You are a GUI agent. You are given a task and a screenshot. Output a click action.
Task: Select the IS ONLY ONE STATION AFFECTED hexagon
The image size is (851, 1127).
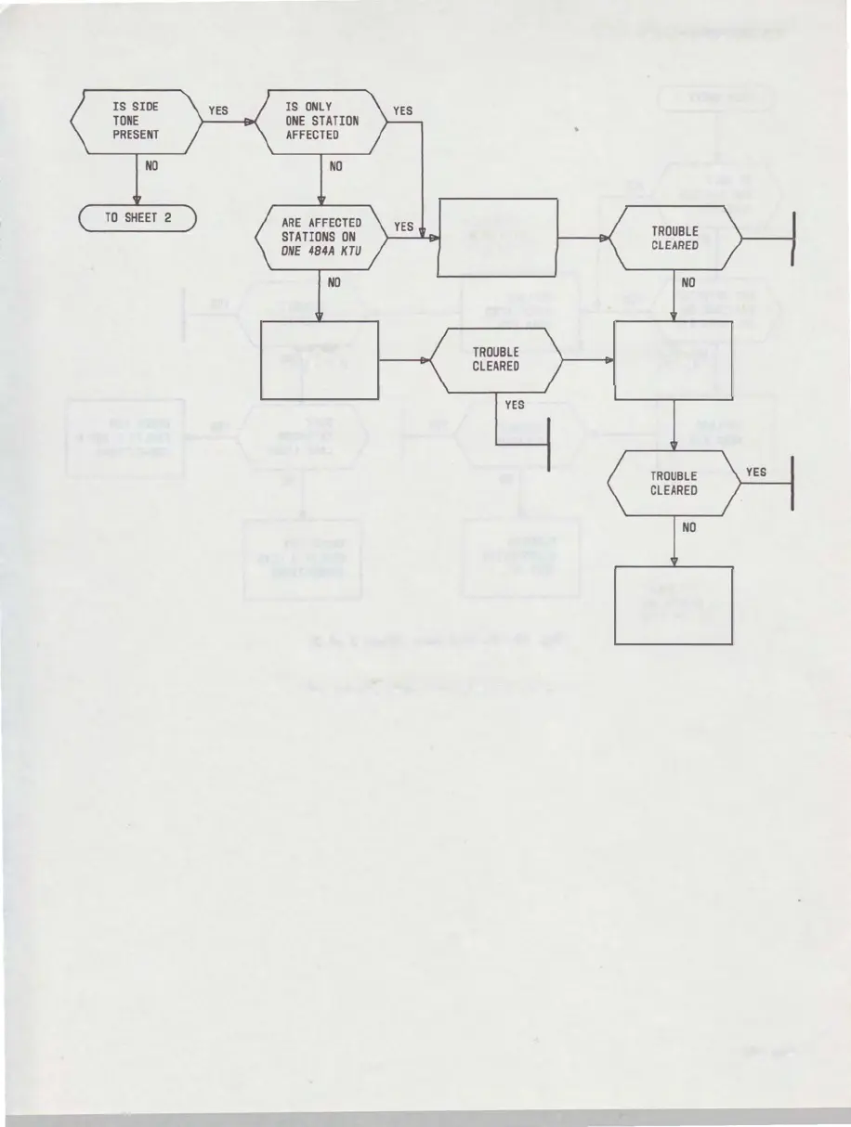click(321, 122)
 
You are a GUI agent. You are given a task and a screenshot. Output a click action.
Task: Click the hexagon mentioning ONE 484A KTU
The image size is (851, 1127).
click(321, 238)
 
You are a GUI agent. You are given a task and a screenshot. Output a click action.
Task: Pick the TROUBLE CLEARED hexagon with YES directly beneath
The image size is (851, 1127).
click(495, 359)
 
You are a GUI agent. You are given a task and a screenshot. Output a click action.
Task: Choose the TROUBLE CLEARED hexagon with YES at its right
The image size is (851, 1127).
click(674, 483)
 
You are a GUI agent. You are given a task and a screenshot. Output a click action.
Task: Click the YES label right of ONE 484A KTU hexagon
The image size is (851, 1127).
click(403, 227)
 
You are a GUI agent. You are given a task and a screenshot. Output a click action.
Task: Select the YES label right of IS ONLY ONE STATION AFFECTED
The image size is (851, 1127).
click(402, 110)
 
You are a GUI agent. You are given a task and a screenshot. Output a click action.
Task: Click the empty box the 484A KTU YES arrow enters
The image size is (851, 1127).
click(498, 238)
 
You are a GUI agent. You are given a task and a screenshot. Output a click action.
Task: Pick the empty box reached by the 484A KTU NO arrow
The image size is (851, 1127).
click(321, 360)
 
